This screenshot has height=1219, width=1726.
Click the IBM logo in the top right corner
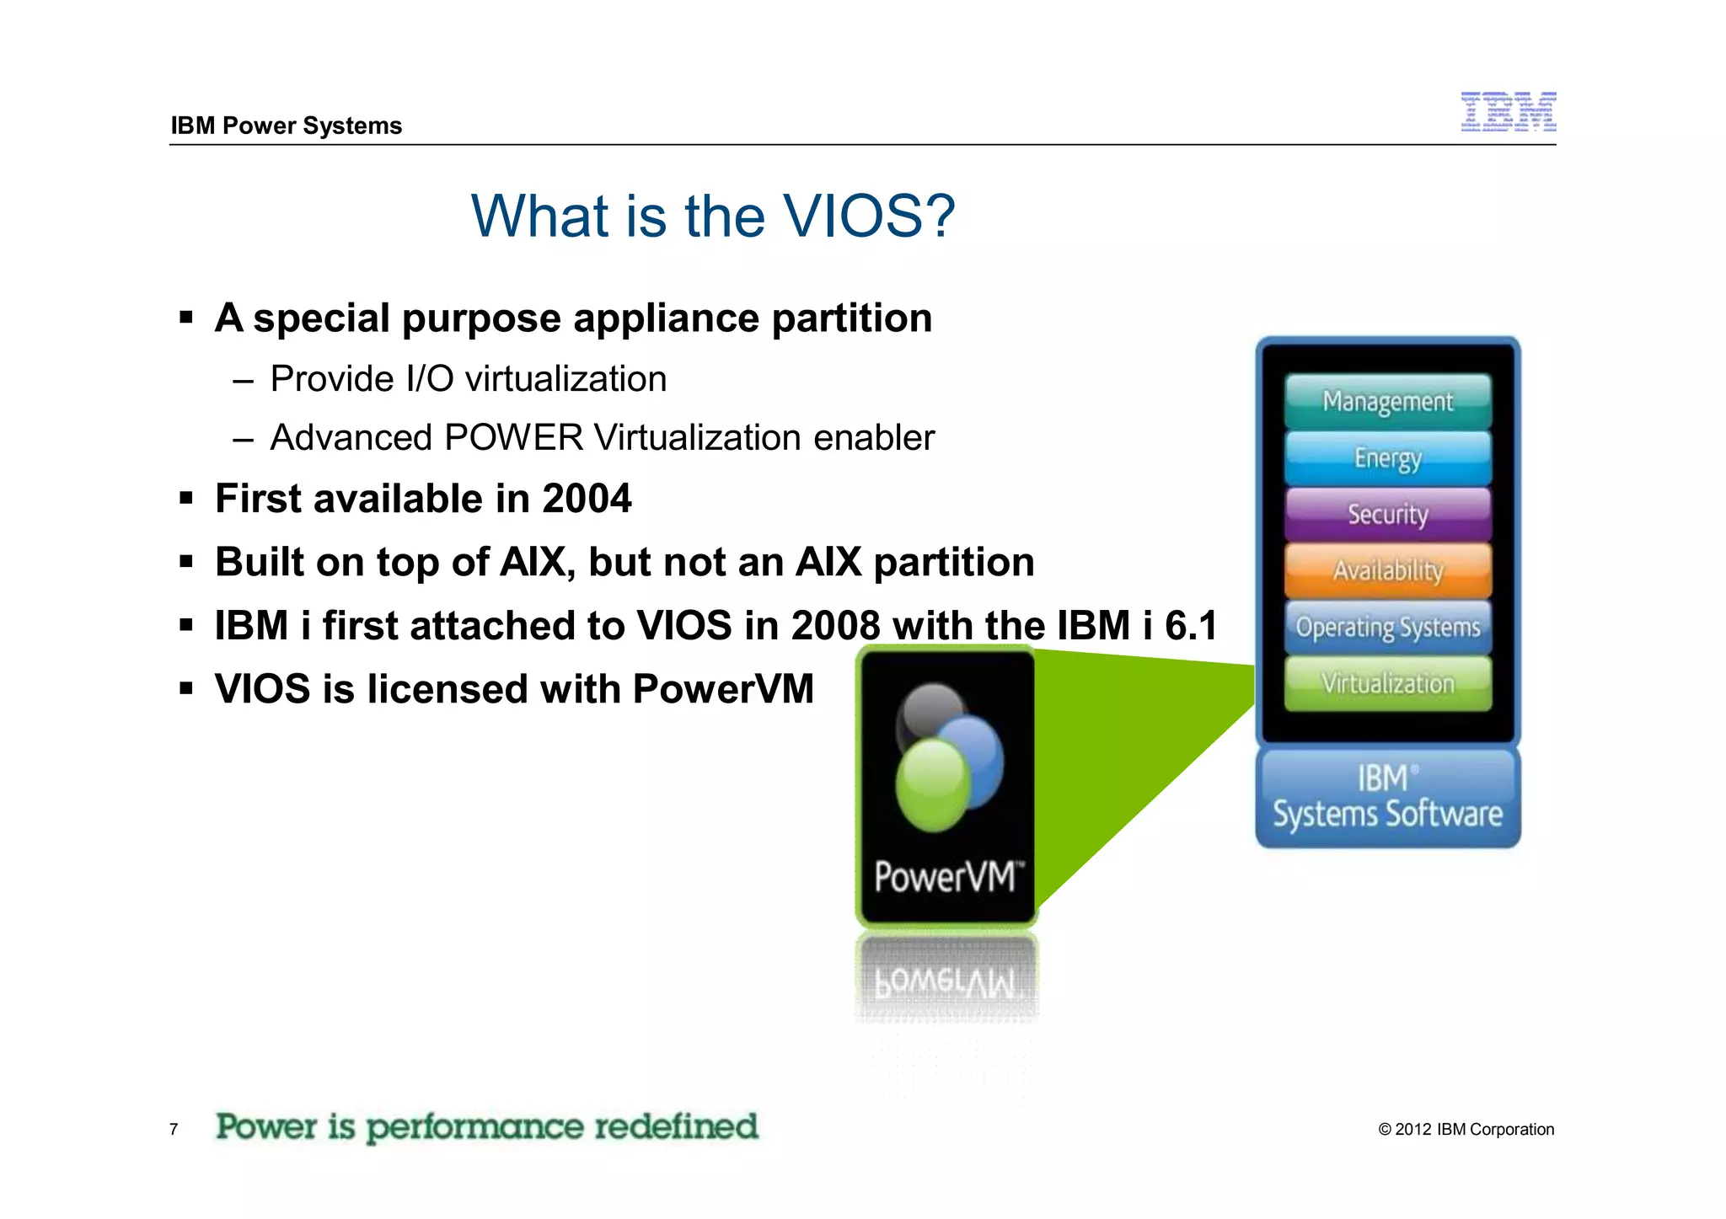click(1508, 112)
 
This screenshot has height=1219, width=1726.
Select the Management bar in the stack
click(1387, 401)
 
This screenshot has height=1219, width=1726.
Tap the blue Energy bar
click(1387, 457)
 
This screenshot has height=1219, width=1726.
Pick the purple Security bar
click(1387, 514)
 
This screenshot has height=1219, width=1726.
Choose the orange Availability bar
click(1387, 570)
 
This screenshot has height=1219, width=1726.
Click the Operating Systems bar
click(1387, 627)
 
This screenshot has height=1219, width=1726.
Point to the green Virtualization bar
click(1387, 683)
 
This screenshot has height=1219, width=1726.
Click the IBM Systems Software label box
click(1387, 797)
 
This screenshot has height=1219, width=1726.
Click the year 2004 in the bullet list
click(587, 499)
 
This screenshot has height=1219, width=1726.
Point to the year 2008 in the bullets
click(834, 626)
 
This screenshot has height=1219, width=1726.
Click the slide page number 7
click(174, 1129)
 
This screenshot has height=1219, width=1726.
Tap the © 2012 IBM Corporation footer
click(1466, 1129)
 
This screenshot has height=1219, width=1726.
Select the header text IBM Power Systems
click(286, 126)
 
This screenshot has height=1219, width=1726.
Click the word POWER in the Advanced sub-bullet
click(513, 438)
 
